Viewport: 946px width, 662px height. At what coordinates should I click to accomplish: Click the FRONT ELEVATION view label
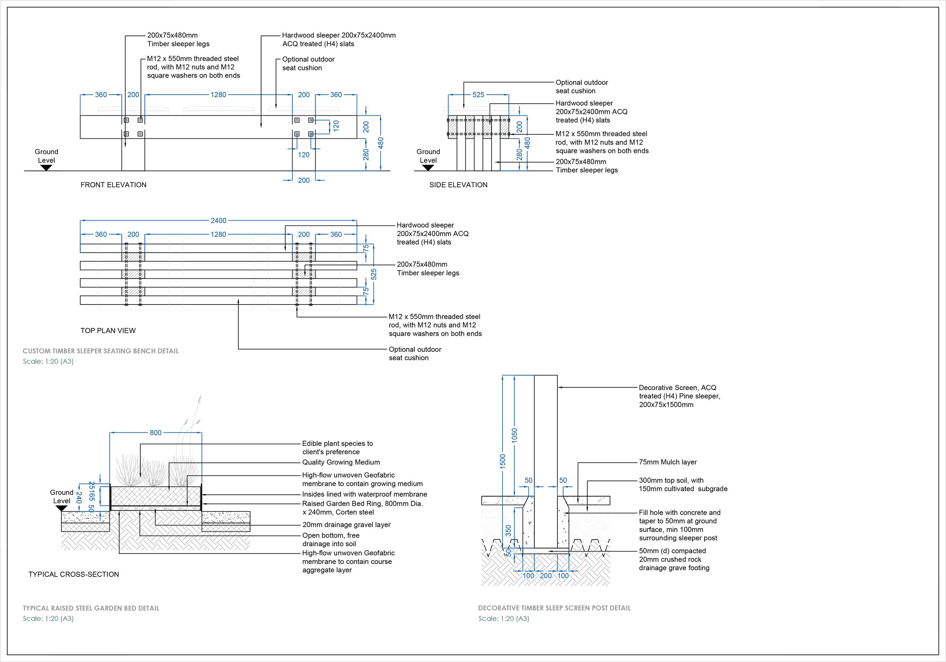coord(113,185)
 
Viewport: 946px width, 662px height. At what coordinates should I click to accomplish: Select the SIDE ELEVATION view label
coord(458,185)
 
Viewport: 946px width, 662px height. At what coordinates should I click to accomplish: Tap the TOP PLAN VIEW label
coord(108,330)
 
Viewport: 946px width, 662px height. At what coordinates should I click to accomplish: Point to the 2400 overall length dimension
coord(218,221)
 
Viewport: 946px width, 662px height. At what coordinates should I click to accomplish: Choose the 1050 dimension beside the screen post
coord(515,436)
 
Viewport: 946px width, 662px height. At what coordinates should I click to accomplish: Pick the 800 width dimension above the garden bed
coord(156,432)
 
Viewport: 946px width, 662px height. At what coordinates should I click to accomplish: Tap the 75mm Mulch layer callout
coord(668,462)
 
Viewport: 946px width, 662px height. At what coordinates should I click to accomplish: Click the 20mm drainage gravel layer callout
coord(347,525)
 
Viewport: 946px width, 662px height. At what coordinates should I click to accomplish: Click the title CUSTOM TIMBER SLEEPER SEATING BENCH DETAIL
coord(101,351)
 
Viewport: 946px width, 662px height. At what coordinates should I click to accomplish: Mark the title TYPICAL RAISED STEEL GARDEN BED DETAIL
coord(91,608)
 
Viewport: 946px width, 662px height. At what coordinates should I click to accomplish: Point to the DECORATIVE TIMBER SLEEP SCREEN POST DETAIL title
coord(555,608)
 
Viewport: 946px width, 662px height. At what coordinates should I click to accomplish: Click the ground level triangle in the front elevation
coord(46,168)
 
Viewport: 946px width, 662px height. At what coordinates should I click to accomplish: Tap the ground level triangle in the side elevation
coord(428,168)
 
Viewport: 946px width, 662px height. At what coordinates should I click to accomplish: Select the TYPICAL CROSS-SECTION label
coord(74,574)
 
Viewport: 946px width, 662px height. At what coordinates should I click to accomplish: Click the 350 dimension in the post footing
coord(509,531)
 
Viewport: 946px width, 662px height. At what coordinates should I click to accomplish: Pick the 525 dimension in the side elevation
coord(478,95)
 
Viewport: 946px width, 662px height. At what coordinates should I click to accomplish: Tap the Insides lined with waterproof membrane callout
coord(365,494)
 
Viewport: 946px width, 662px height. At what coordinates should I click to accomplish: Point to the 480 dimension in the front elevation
coord(381,143)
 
